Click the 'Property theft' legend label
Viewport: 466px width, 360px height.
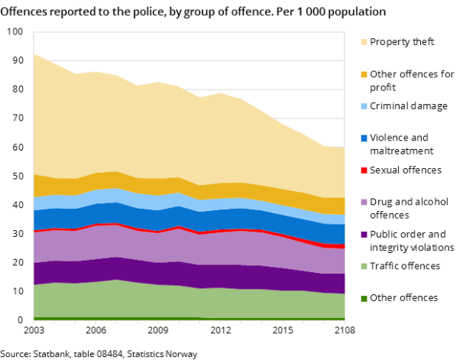(401, 42)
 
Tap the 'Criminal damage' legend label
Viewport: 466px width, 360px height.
(408, 106)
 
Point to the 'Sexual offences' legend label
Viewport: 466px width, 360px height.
(405, 170)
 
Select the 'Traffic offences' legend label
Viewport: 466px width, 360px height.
(404, 266)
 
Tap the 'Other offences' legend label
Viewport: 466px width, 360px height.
(403, 297)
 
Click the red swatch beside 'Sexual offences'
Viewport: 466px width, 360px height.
(363, 170)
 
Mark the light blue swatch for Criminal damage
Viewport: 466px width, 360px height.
(363, 106)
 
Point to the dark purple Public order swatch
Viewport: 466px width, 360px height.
(363, 235)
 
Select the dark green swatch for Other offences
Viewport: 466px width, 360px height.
(363, 298)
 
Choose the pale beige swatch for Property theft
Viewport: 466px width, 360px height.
(363, 42)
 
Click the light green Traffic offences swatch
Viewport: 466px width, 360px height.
(363, 266)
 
